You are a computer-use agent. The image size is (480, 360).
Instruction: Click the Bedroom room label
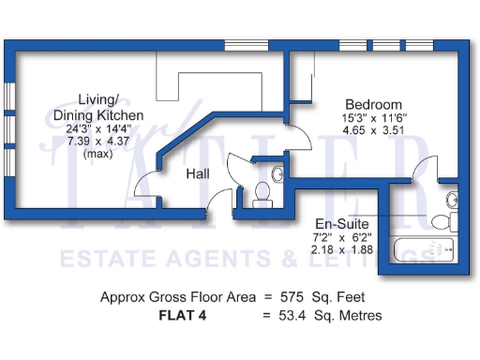point(374,104)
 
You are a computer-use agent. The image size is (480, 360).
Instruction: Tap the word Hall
point(198,173)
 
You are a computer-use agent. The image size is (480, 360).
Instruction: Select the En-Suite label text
point(342,224)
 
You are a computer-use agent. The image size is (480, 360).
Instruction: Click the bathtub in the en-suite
point(424,250)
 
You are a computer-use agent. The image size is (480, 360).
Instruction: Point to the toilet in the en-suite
point(444,221)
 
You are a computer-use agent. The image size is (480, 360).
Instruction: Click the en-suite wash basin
point(452,200)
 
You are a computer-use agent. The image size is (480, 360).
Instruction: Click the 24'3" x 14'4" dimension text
point(98,128)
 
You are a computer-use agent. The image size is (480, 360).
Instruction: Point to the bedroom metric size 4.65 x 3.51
point(373,130)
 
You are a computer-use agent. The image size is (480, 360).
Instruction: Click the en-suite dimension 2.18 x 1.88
point(342,249)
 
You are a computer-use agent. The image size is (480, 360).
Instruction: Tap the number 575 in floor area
point(292,297)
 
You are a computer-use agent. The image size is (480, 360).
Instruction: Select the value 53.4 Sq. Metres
point(330,315)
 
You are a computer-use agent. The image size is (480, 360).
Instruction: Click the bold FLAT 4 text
point(183,315)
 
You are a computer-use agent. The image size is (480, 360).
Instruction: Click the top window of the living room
point(247,45)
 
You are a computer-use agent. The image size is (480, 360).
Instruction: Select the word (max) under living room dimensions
point(98,154)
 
